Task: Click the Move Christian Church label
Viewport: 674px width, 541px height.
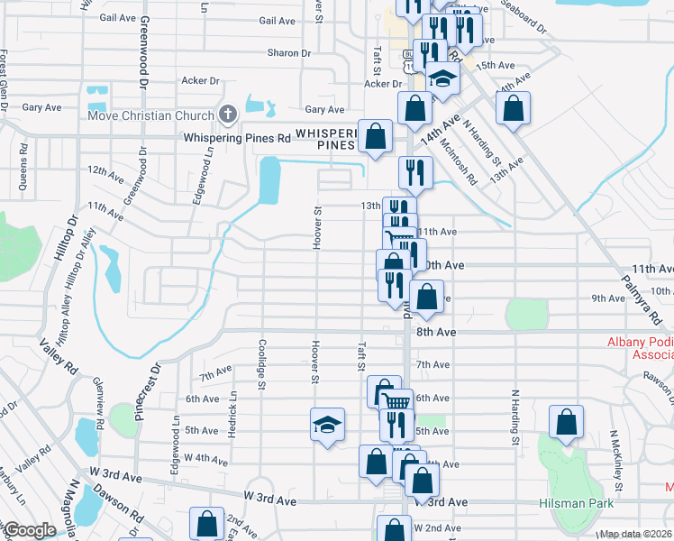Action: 150,115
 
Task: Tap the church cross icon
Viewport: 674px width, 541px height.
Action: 228,115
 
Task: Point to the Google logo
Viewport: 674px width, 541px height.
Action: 30,530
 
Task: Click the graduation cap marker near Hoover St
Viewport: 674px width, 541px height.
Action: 327,426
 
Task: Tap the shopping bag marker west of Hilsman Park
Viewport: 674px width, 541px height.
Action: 566,422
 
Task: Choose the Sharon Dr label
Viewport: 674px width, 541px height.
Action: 288,53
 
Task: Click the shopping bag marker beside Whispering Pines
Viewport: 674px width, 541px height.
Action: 376,136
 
